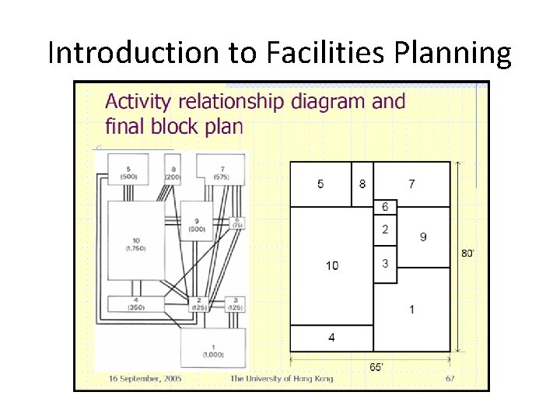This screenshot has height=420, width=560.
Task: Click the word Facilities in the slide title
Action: pyautogui.click(x=310, y=53)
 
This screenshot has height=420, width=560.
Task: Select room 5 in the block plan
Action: pyautogui.click(x=320, y=184)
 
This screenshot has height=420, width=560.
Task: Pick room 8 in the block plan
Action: pyautogui.click(x=362, y=184)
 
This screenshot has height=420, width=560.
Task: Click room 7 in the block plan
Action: pyautogui.click(x=411, y=184)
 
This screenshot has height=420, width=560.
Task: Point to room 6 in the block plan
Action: pyautogui.click(x=385, y=206)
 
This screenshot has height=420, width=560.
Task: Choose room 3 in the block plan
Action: pyautogui.click(x=385, y=264)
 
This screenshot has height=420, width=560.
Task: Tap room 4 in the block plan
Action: pyautogui.click(x=331, y=338)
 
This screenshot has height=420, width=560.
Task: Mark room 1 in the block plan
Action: pyautogui.click(x=411, y=310)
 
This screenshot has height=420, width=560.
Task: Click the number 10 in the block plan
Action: pyautogui.click(x=332, y=266)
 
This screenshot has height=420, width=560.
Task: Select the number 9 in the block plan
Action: pyautogui.click(x=423, y=237)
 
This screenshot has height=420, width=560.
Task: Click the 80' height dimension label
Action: pyautogui.click(x=468, y=253)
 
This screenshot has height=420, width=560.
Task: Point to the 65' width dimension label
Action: pyautogui.click(x=376, y=367)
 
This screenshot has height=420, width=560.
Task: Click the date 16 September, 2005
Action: pyautogui.click(x=145, y=379)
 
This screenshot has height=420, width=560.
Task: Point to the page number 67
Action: pyautogui.click(x=450, y=379)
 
